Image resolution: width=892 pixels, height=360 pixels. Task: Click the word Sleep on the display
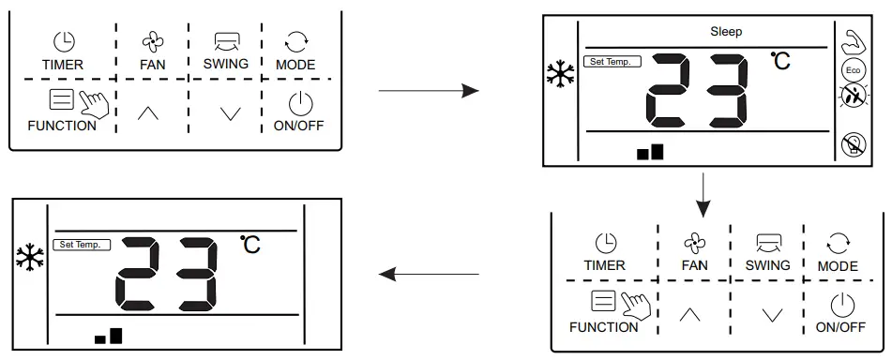pyautogui.click(x=726, y=32)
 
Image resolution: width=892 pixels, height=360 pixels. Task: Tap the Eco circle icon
pyautogui.click(x=853, y=70)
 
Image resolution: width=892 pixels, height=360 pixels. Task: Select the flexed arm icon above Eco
pyautogui.click(x=853, y=42)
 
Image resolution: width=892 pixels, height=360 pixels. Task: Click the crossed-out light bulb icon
pyautogui.click(x=853, y=143)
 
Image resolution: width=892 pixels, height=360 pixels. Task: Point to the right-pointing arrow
pyautogui.click(x=428, y=91)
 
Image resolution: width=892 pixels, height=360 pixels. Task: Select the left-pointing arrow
pyautogui.click(x=428, y=274)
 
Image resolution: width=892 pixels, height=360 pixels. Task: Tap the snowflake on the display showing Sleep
pyautogui.click(x=561, y=74)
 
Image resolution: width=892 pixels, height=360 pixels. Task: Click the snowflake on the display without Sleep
pyautogui.click(x=30, y=257)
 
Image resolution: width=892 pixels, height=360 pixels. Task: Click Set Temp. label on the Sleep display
pyautogui.click(x=612, y=62)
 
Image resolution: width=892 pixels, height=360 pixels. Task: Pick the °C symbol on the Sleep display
pyautogui.click(x=780, y=61)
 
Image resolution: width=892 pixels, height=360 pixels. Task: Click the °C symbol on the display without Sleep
pyautogui.click(x=250, y=245)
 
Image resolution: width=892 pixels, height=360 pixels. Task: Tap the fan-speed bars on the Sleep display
pyautogui.click(x=650, y=152)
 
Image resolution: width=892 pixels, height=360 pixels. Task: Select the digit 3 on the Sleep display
pyautogui.click(x=726, y=91)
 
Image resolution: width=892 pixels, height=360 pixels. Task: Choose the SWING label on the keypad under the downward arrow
pyautogui.click(x=768, y=265)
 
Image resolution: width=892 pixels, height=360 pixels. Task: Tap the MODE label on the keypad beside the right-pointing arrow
pyautogui.click(x=295, y=65)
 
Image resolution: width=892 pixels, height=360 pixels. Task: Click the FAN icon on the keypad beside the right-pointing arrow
pyautogui.click(x=152, y=41)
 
